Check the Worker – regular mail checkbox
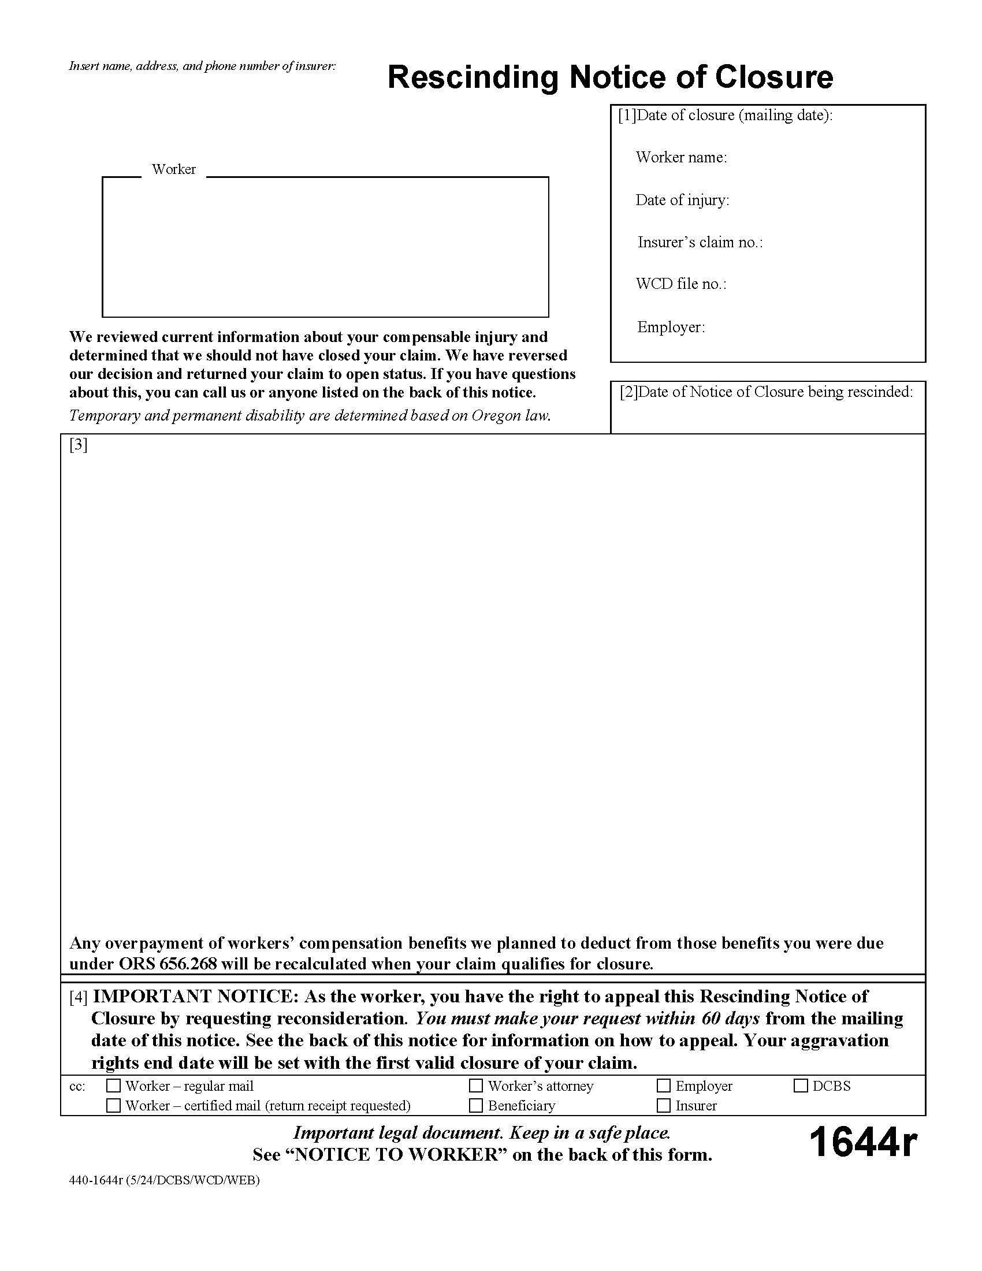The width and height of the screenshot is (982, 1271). (x=113, y=1086)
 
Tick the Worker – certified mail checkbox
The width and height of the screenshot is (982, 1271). (x=113, y=1105)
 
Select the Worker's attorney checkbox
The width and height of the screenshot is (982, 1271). (x=476, y=1086)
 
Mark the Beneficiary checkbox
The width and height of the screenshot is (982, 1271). (x=476, y=1105)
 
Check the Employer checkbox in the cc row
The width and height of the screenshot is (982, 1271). (x=664, y=1086)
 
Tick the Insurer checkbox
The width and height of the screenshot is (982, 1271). (x=664, y=1105)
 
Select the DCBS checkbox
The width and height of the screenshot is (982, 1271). (x=801, y=1086)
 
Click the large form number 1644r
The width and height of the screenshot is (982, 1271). (x=863, y=1142)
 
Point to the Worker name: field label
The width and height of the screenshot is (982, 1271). (x=681, y=157)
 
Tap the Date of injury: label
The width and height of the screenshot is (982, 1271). (x=682, y=200)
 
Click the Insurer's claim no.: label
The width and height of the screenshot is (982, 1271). (x=700, y=242)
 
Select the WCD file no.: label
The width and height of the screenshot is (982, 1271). (x=681, y=284)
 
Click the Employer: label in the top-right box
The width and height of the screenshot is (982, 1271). (x=671, y=327)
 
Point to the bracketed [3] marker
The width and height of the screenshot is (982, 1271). (x=79, y=445)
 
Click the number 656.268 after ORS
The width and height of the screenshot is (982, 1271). (x=188, y=964)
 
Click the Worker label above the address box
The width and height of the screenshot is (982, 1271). (x=173, y=169)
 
